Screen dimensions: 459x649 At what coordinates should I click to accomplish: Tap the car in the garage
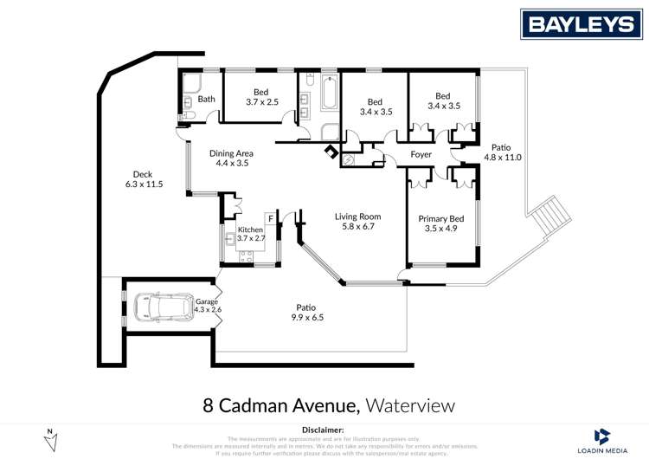coord(164,307)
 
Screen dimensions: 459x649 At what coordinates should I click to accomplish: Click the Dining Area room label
coord(231,158)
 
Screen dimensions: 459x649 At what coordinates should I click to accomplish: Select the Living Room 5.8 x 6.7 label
coord(358,222)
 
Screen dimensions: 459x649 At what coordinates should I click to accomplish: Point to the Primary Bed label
coord(441,224)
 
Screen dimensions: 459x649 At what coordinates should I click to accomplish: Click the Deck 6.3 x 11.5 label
coord(144,179)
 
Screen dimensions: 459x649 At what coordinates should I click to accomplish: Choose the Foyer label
coord(421,155)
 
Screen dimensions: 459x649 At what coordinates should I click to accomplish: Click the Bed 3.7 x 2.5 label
coord(260,97)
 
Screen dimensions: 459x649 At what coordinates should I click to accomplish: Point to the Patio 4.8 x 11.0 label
coord(501,152)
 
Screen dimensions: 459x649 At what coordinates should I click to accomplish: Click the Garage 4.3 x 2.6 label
coord(208,305)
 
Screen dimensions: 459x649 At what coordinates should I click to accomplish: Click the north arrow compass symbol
coord(50,438)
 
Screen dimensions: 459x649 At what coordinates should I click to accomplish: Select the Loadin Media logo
coord(602,439)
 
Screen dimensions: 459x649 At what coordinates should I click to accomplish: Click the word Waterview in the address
coord(409,405)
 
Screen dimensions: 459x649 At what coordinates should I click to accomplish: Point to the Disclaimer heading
coord(323,430)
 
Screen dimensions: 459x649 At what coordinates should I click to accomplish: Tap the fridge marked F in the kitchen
coord(270,217)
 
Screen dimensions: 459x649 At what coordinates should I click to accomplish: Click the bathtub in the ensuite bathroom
coord(330,93)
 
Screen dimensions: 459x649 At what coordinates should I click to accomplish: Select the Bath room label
coord(206,99)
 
